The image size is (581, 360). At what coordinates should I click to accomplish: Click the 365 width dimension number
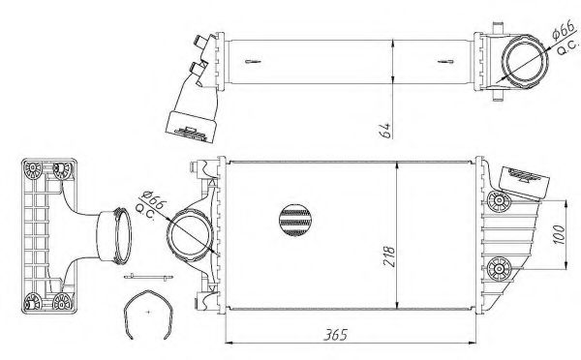[336, 335]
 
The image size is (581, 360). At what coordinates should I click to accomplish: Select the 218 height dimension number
[389, 256]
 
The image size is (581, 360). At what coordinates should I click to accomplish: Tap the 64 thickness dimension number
[386, 131]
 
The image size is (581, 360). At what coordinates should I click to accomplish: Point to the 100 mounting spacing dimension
[559, 234]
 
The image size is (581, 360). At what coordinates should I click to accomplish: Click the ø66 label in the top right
[564, 30]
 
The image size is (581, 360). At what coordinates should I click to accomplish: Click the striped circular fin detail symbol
[295, 220]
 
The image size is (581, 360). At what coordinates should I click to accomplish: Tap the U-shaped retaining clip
[148, 315]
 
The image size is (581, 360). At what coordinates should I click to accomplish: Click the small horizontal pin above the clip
[148, 277]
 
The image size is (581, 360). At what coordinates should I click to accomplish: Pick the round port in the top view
[524, 62]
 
